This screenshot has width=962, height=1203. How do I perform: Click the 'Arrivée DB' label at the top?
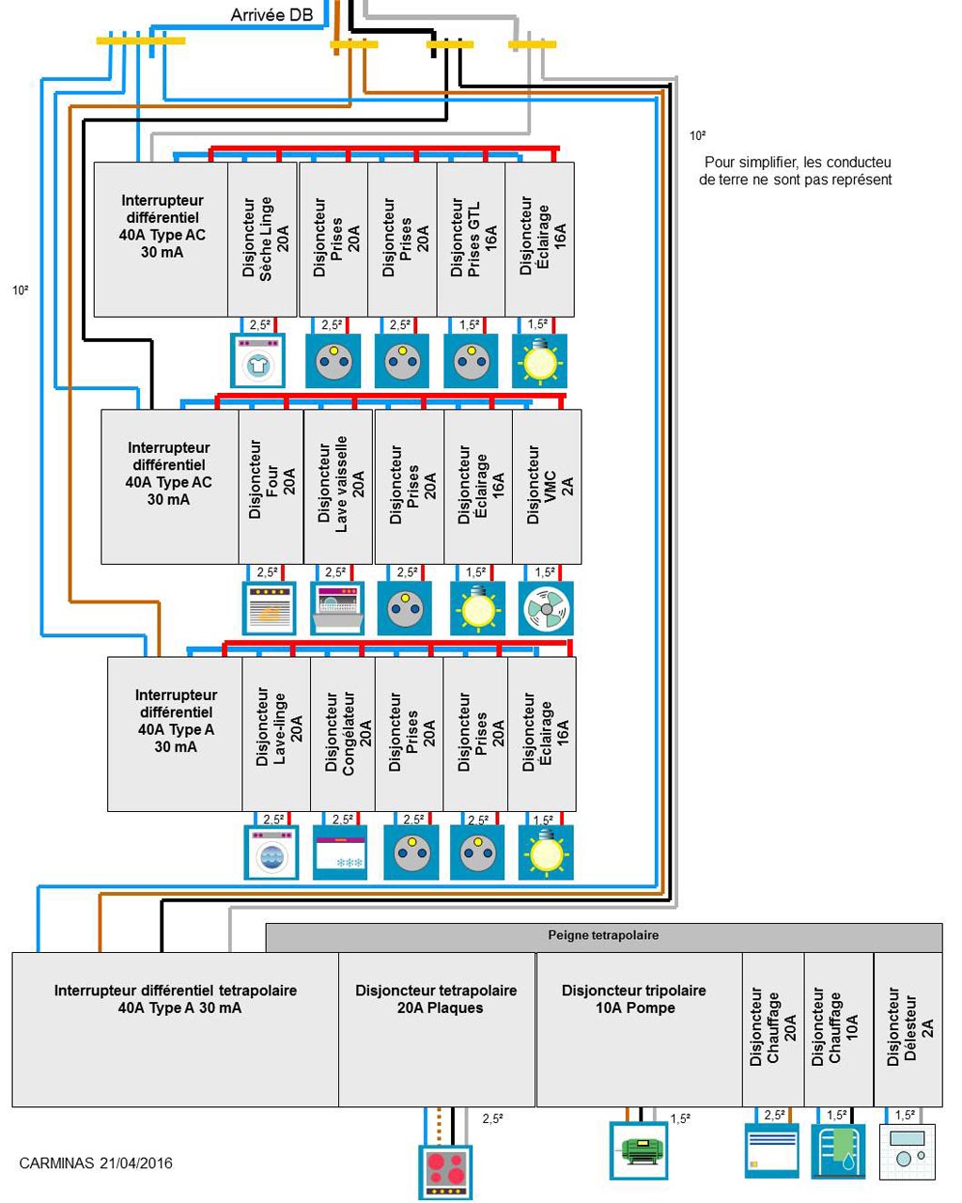click(271, 15)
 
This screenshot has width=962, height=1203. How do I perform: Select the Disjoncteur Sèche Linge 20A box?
click(263, 239)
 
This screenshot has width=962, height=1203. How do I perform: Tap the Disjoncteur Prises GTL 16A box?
click(471, 239)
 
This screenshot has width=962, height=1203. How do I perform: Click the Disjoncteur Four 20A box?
click(271, 486)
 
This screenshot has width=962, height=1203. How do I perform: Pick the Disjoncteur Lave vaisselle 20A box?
click(338, 486)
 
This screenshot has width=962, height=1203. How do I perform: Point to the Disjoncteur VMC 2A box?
click(547, 486)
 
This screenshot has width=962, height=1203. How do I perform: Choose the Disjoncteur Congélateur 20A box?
click(343, 733)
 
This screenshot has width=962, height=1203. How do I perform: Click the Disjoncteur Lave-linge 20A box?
click(276, 733)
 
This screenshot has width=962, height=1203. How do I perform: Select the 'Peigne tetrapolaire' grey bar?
click(603, 936)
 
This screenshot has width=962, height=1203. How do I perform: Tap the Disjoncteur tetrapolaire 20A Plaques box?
click(437, 1029)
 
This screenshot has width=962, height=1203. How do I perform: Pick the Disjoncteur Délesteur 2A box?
click(908, 1029)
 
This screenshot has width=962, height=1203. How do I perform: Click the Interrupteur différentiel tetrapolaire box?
click(175, 1029)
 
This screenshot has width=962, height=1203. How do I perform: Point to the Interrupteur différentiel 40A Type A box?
click(175, 733)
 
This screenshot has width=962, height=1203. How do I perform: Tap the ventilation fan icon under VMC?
click(546, 608)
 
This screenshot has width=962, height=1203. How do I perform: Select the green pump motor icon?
click(639, 1149)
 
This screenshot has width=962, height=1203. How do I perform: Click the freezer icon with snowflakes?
click(340, 851)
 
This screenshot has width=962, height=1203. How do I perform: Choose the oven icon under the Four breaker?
click(270, 608)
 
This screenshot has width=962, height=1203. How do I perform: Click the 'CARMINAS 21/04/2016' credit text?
click(96, 1163)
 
